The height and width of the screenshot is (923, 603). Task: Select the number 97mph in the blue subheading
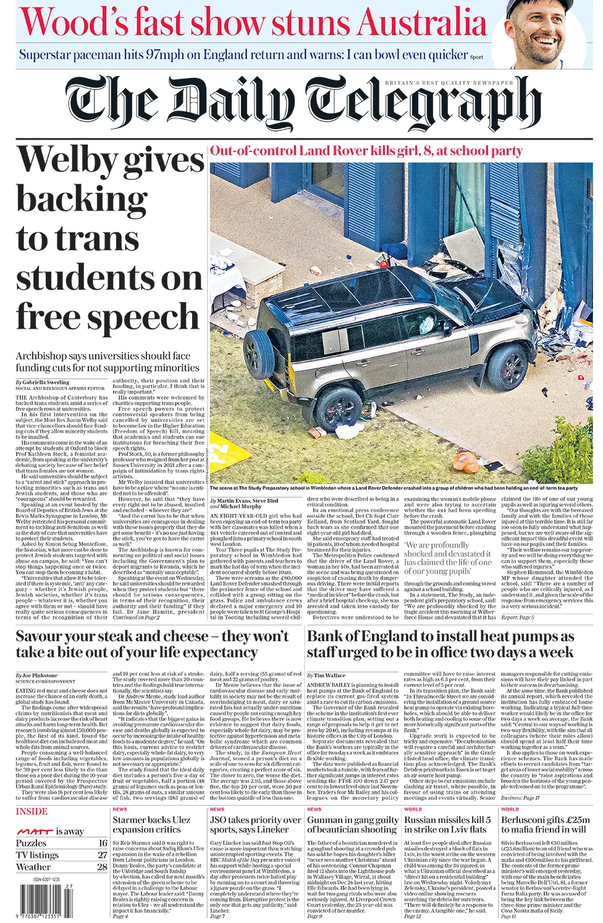[x=164, y=55]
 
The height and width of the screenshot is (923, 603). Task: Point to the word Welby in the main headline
[x=69, y=159]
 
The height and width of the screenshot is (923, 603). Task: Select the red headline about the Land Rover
[x=366, y=151]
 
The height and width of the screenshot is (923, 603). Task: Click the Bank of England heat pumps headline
[x=441, y=644]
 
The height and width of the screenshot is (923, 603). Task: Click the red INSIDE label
[x=32, y=811]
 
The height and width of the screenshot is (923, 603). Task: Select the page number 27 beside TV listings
[x=103, y=855]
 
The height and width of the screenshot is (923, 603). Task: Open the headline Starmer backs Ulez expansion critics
[x=151, y=824]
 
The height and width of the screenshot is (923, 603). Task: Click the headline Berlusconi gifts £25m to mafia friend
[x=546, y=824]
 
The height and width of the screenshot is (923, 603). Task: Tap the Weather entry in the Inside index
[x=33, y=867]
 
